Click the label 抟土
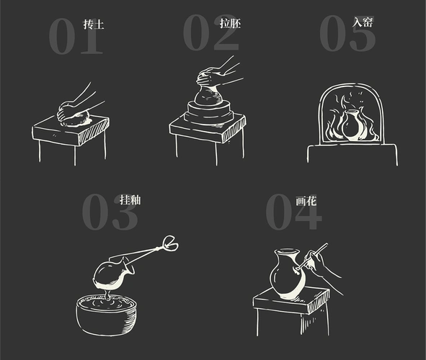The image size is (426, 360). pyautogui.click(x=93, y=24)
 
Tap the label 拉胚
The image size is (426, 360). pyautogui.click(x=230, y=23)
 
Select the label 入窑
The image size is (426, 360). pyautogui.click(x=363, y=22)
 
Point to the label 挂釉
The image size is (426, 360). pyautogui.click(x=130, y=199)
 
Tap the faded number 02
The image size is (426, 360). pyautogui.click(x=210, y=34)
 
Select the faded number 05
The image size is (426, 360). pyautogui.click(x=346, y=34)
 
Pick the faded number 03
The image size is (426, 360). pyautogui.click(x=108, y=212)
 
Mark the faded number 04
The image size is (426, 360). pyautogui.click(x=292, y=212)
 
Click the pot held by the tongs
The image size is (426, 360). pyautogui.click(x=112, y=274)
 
